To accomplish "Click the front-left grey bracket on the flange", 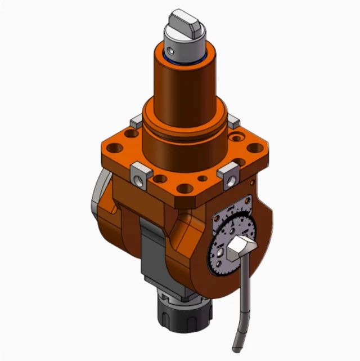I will tap(139, 173).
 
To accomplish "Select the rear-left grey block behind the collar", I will tap(134, 122).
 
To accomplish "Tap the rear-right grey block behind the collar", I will tap(232, 121).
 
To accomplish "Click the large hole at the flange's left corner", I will tap(115, 149).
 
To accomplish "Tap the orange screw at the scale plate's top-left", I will tap(216, 218).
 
